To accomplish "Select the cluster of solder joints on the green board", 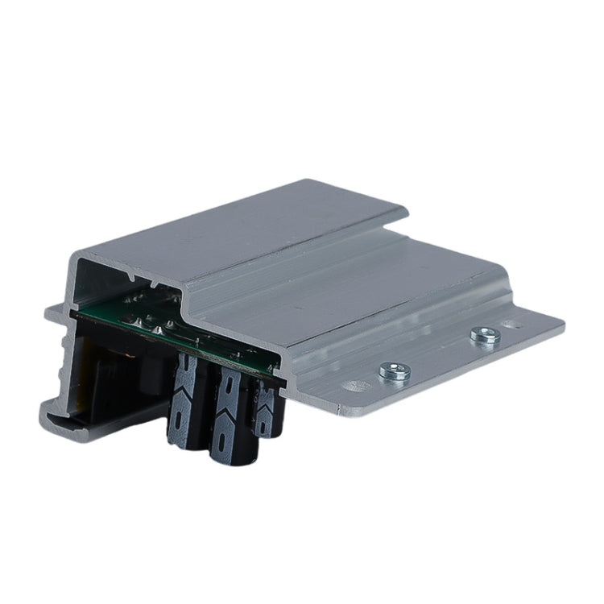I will [x=153, y=318].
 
